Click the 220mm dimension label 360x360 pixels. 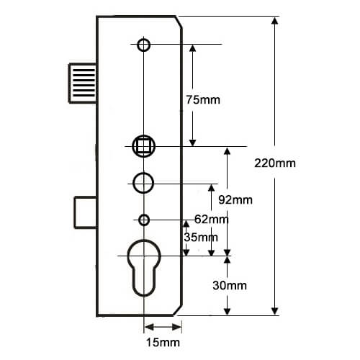(x=275, y=163)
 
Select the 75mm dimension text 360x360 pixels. (x=203, y=100)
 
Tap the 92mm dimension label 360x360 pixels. (x=235, y=200)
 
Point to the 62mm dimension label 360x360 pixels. (x=211, y=219)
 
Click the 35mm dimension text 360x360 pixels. (x=201, y=238)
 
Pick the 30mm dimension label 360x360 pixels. (x=230, y=286)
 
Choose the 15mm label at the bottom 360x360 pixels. (x=163, y=343)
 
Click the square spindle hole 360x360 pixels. (x=143, y=146)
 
